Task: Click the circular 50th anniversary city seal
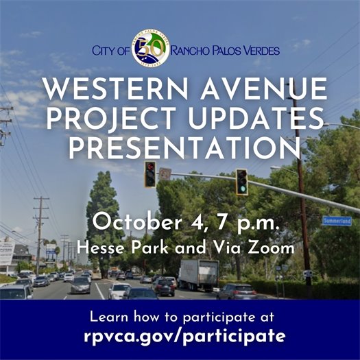tap(151, 48)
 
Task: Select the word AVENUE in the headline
tap(263, 89)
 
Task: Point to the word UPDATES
tap(256, 119)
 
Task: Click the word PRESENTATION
tap(185, 148)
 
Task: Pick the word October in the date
tap(137, 222)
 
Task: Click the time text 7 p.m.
tap(248, 223)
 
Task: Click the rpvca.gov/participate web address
tap(184, 337)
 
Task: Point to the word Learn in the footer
tap(108, 317)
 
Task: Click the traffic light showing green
tap(242, 182)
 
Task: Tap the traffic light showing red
tap(150, 174)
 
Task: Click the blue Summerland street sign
tap(337, 221)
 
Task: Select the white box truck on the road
tap(199, 274)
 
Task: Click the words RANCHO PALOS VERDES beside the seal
tap(225, 51)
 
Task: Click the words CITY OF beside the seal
tap(111, 51)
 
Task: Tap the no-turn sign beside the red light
tap(165, 173)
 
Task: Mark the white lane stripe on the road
tap(100, 291)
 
